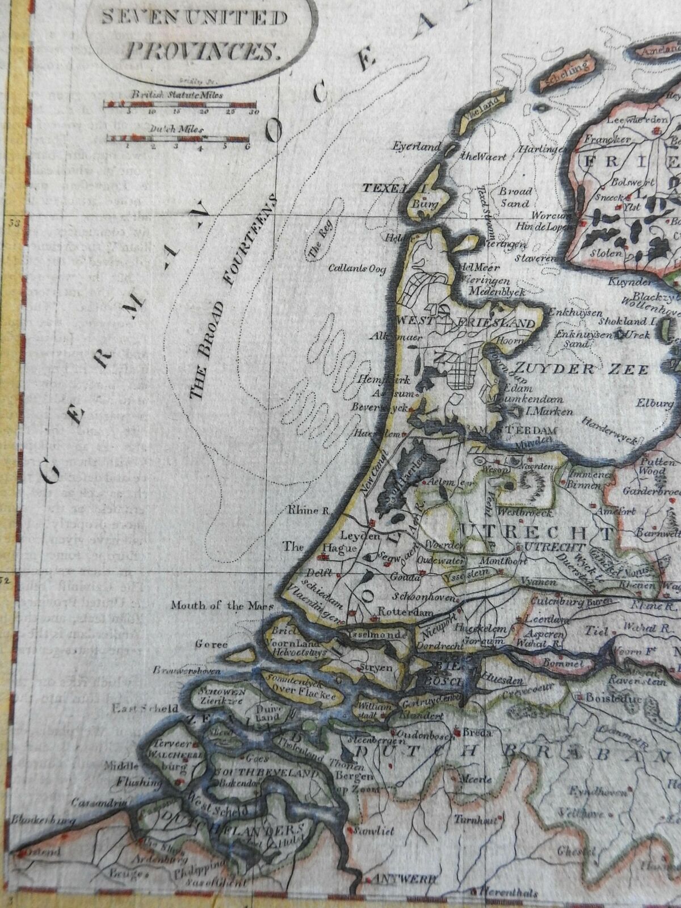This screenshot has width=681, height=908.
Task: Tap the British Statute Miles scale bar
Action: pos(181,104)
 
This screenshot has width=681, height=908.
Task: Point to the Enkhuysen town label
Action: pos(571,311)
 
